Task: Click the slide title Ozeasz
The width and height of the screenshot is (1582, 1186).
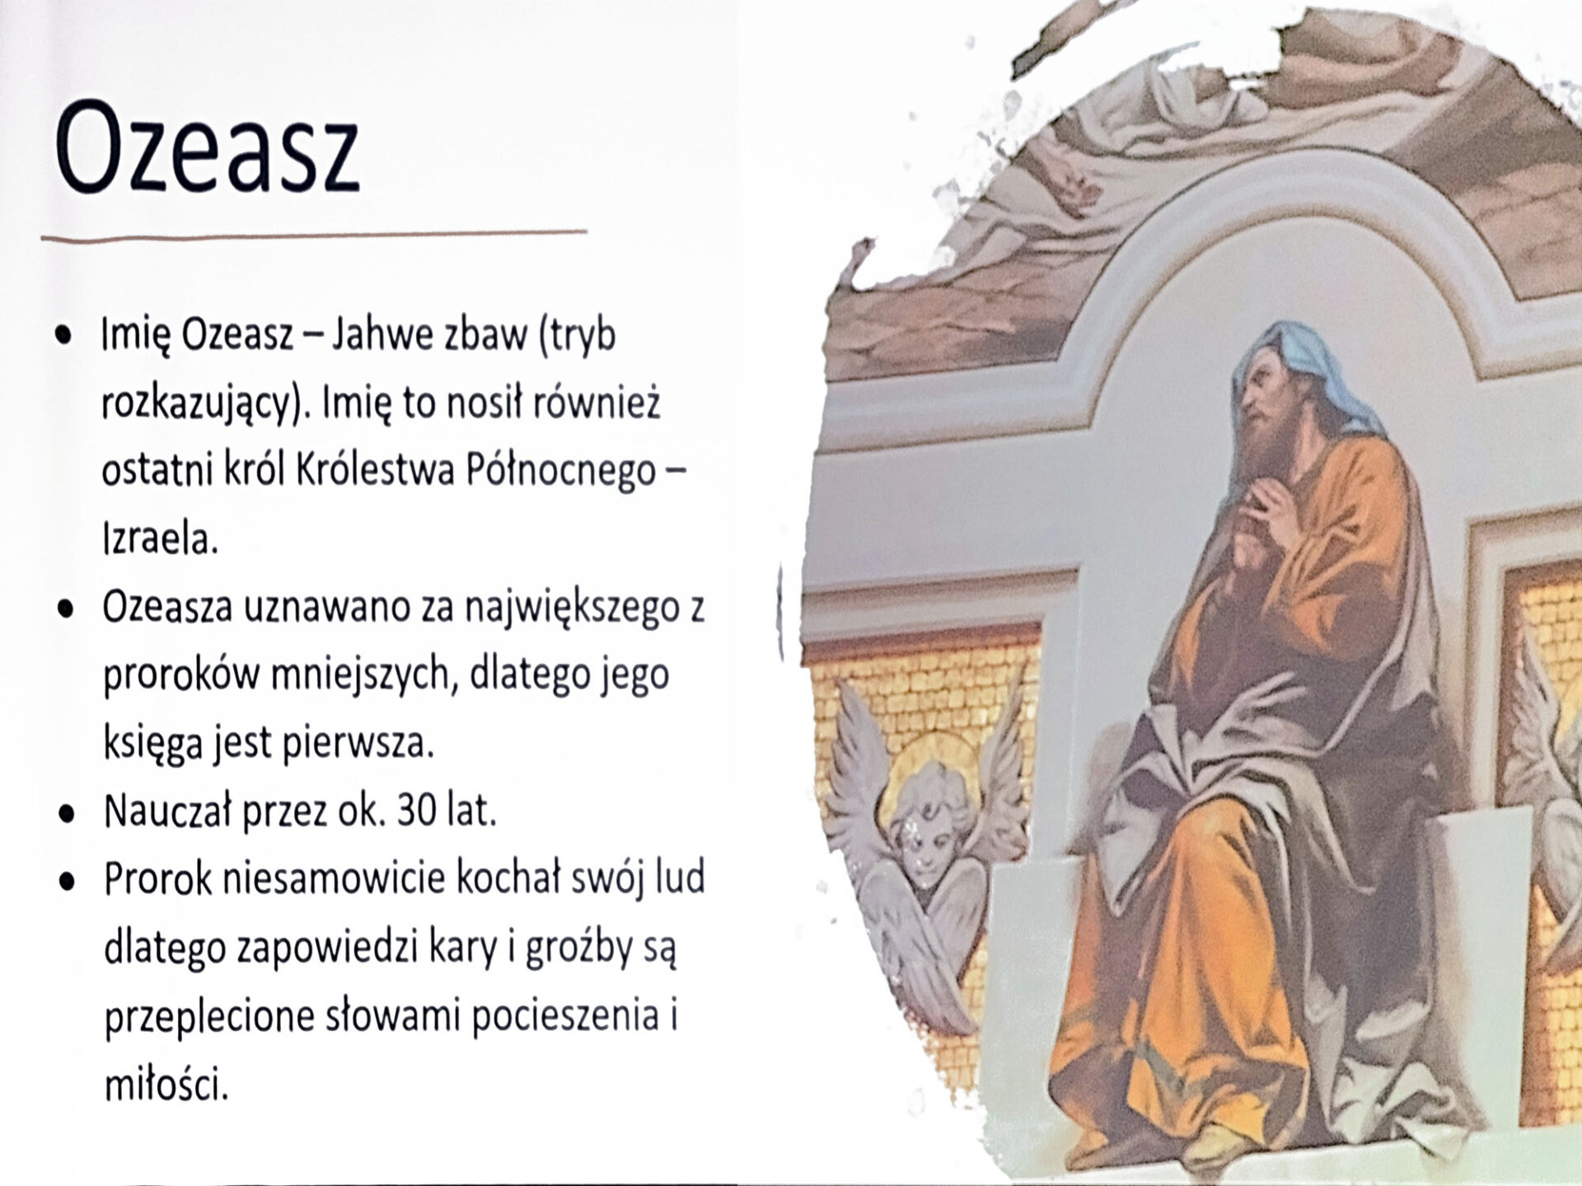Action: pyautogui.click(x=208, y=147)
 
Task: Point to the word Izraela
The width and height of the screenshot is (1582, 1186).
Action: pyautogui.click(x=160, y=539)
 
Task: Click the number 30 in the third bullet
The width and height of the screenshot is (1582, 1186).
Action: pyautogui.click(x=417, y=811)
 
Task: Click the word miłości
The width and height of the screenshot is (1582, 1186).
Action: pyautogui.click(x=165, y=1086)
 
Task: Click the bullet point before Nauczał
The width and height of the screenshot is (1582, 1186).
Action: pyautogui.click(x=67, y=814)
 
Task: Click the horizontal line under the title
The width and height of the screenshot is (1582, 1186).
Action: pyautogui.click(x=314, y=236)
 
